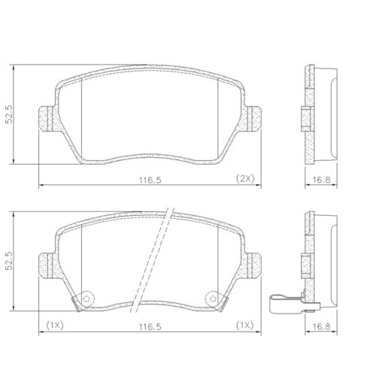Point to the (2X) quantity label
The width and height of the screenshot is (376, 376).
tap(246, 179)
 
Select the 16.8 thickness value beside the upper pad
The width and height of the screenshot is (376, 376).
tap(321, 180)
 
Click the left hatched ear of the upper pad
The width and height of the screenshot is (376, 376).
tap(45, 117)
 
